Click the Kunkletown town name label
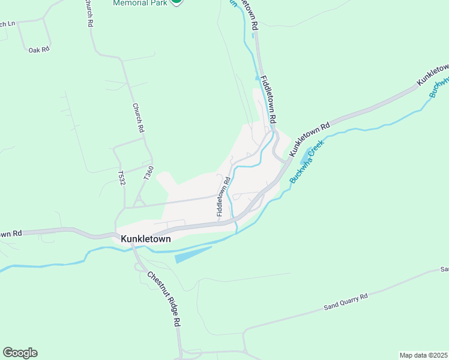click(146, 239)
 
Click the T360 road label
click(148, 174)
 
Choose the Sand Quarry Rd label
click(346, 302)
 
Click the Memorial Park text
click(140, 3)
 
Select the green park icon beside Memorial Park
click(176, 2)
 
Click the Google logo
click(20, 353)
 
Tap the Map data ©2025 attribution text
click(423, 355)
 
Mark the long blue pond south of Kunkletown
click(193, 254)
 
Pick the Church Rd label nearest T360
click(139, 118)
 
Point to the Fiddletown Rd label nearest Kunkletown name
click(223, 196)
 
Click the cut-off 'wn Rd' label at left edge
click(11, 233)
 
